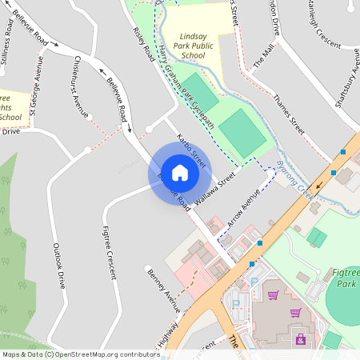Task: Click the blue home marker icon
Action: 180,172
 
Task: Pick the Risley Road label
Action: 144,49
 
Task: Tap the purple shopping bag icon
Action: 300,340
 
